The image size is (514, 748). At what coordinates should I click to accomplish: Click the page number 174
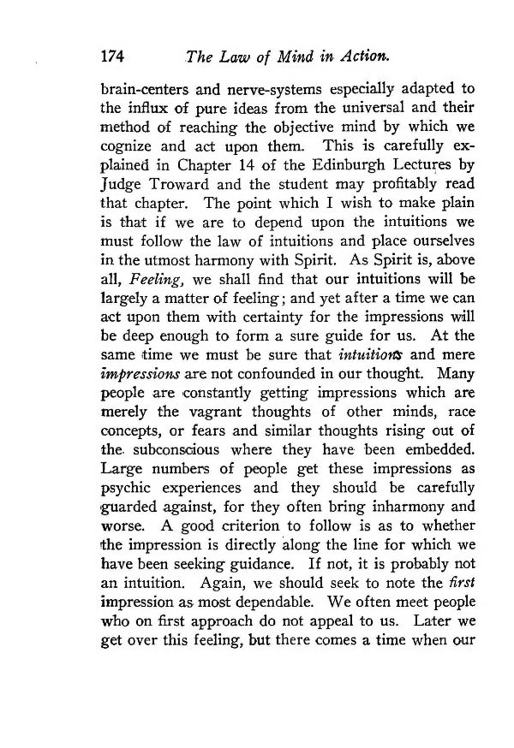click(x=113, y=57)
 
